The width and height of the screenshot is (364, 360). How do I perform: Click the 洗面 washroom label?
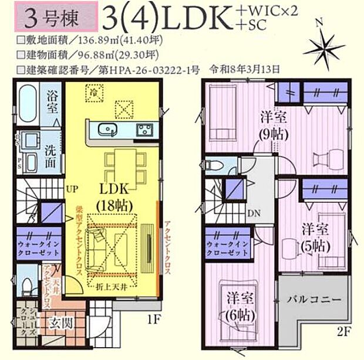point(52,156)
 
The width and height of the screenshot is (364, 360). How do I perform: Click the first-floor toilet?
point(26,287)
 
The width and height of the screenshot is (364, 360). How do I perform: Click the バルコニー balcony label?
point(314,299)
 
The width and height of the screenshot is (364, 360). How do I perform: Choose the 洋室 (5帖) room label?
point(314,236)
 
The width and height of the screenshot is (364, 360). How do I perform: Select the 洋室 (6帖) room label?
point(238,307)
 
